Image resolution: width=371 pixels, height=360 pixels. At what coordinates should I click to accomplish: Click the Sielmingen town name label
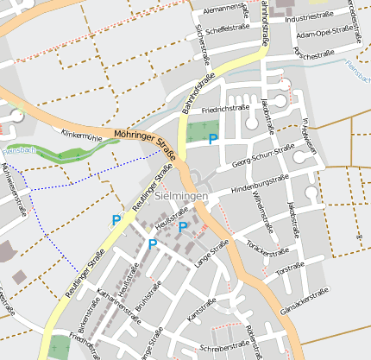point(183,197)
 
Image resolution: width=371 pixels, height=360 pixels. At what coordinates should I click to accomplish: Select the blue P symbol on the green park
point(212,138)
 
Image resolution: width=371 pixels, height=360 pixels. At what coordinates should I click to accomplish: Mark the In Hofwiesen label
point(310,135)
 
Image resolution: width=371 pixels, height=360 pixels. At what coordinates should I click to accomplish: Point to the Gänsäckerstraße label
point(305,304)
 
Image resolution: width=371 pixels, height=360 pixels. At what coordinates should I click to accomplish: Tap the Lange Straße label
point(211,254)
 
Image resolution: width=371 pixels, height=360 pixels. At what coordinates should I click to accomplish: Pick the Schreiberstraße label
point(223,348)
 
